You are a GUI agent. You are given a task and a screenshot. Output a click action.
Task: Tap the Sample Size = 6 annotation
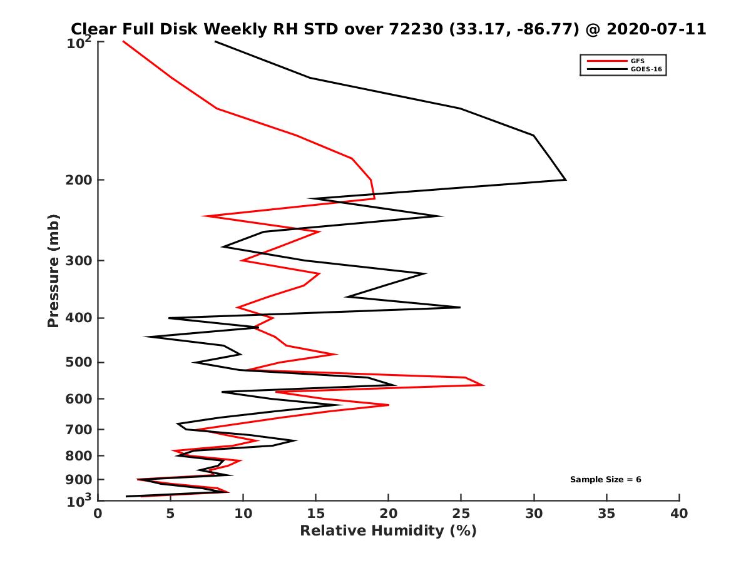pos(605,479)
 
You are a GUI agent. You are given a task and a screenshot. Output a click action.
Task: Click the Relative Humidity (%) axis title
pos(388,531)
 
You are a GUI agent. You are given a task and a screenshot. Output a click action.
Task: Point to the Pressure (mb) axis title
pos(53,270)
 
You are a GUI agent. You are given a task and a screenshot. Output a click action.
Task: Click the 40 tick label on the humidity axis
pos(679,514)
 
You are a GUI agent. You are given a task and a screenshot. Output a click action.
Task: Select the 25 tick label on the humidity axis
pos(461,514)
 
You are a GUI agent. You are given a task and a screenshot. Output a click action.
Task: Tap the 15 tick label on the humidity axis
pos(315,514)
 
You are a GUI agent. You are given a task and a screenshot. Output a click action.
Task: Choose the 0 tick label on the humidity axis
pos(98,514)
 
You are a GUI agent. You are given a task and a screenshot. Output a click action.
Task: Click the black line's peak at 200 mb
pos(566,180)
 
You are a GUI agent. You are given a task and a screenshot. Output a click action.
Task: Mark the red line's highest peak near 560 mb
pos(484,385)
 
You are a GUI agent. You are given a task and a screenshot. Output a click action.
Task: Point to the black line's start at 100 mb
pos(215,41)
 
